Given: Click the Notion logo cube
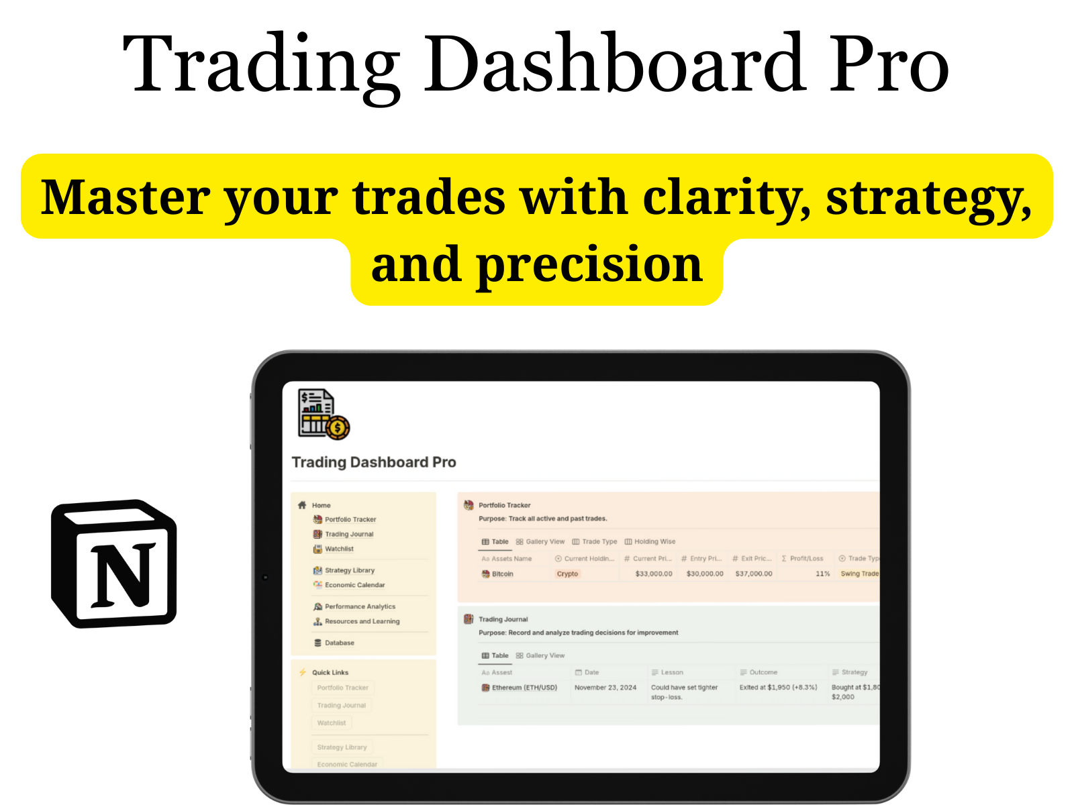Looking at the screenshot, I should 114,563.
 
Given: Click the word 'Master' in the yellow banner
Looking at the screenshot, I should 125,198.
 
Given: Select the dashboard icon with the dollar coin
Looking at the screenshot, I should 323,415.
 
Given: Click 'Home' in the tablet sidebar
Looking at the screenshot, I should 321,505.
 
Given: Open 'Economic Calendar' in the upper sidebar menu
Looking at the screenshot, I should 354,585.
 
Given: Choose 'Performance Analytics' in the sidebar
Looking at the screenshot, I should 360,606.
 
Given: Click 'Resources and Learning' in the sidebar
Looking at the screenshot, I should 362,621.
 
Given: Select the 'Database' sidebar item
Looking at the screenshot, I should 339,643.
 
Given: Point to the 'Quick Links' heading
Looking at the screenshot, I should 330,672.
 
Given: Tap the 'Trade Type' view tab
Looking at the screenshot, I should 599,541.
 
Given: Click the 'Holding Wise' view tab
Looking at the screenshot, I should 654,541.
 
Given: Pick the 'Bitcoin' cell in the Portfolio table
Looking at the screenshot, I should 502,574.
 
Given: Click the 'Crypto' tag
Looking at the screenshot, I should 567,574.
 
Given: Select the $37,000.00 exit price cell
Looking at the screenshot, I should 753,574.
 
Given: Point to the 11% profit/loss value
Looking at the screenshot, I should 822,574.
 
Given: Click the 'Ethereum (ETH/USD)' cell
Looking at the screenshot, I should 524,688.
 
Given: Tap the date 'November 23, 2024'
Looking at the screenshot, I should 605,688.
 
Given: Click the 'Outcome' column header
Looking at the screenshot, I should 763,672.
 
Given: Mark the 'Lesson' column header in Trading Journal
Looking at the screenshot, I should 671,672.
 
